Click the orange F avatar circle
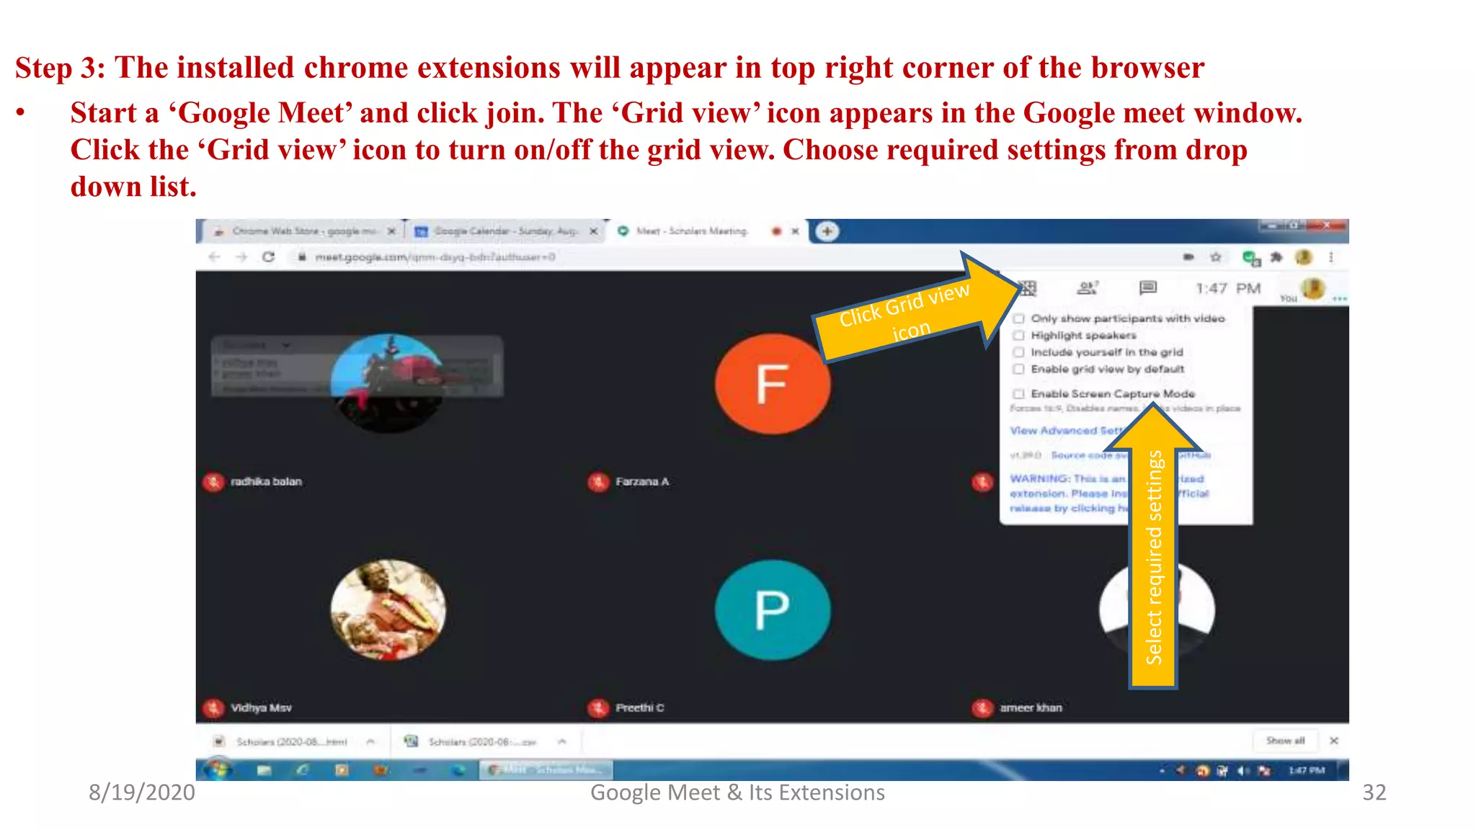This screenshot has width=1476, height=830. pos(772,383)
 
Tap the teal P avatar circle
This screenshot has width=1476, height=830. pos(772,610)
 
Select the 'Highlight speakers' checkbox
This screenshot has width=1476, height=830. pos(1019,335)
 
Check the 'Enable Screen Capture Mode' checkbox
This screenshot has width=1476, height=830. pos(1019,393)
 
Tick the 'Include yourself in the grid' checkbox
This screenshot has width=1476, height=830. pos(1019,352)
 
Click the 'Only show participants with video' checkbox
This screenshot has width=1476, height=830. pos(1019,318)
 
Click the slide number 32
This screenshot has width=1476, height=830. pos(1374,793)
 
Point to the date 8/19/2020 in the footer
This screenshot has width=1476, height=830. pos(142,793)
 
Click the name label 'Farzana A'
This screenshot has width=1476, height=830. pos(642,481)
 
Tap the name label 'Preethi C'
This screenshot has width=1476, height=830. pos(639,708)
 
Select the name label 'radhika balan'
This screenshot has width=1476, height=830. pos(266,481)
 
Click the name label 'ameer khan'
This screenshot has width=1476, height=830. pos(1031,708)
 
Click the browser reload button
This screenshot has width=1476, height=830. pos(268,257)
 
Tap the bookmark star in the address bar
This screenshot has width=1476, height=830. pos(1216,257)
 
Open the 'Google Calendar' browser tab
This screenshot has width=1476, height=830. pos(504,231)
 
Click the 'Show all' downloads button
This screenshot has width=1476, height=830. pos(1285,741)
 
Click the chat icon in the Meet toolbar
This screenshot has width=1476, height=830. pos(1148,288)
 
